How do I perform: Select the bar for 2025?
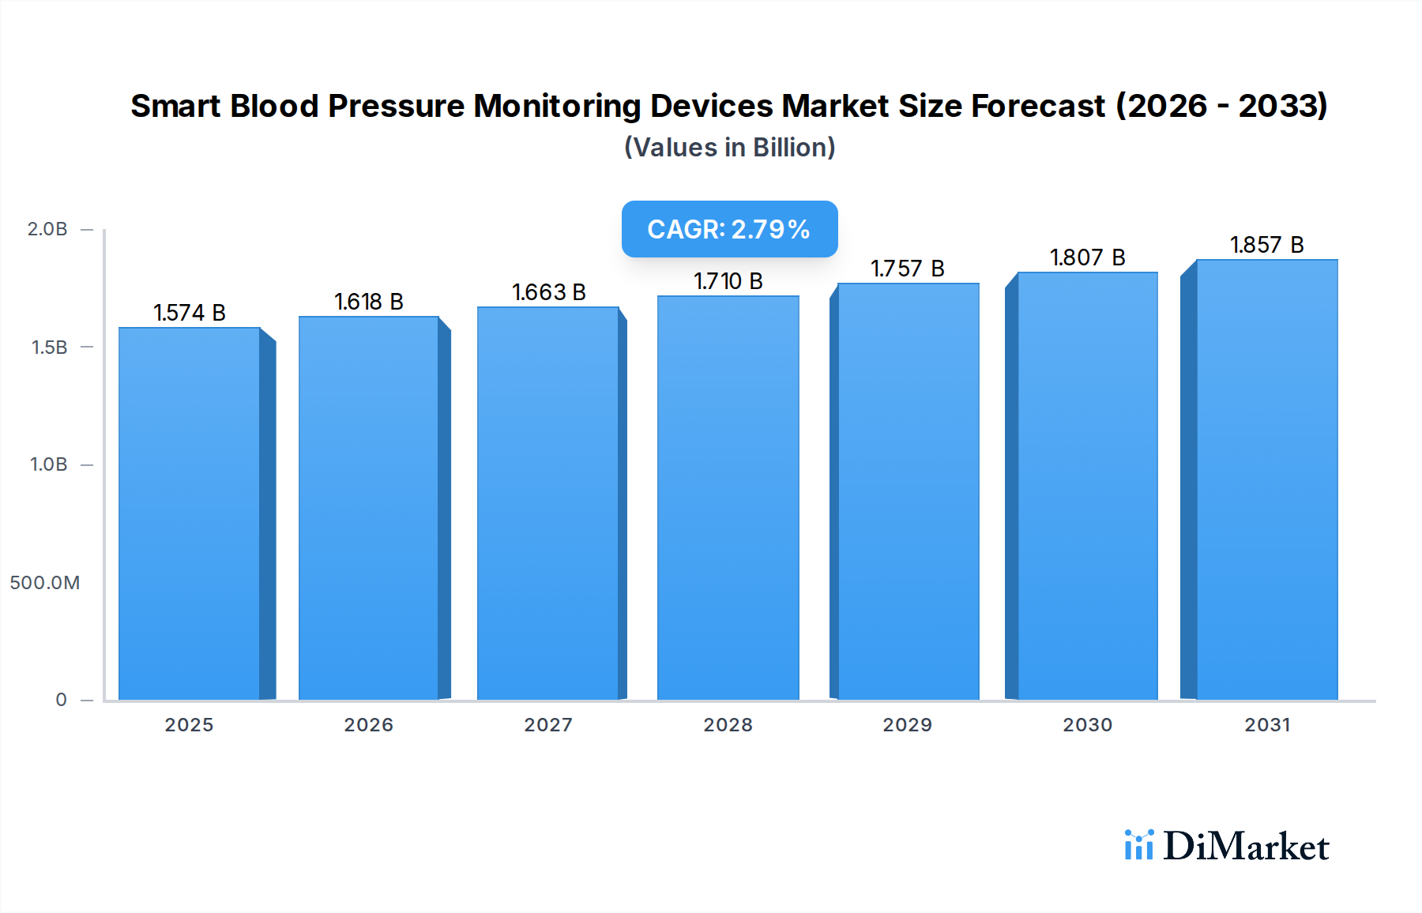tap(190, 513)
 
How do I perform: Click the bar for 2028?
tap(728, 498)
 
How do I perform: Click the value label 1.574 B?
tap(190, 313)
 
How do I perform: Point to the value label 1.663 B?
tap(549, 292)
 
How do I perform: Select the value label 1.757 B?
tap(908, 269)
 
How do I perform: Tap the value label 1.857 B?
tap(1266, 245)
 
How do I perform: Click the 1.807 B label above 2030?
tap(1087, 257)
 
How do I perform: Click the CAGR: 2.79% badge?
tap(729, 229)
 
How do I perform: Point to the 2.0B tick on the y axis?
tap(47, 229)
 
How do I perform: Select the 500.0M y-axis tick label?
tap(45, 583)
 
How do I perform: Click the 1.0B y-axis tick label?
tap(49, 464)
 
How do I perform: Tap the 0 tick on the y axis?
tap(62, 700)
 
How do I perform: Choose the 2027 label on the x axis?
tap(548, 725)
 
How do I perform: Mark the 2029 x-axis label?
tap(908, 725)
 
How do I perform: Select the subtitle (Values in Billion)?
tap(729, 148)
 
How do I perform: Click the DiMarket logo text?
tap(1246, 847)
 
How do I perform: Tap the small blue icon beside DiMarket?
tap(1138, 845)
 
